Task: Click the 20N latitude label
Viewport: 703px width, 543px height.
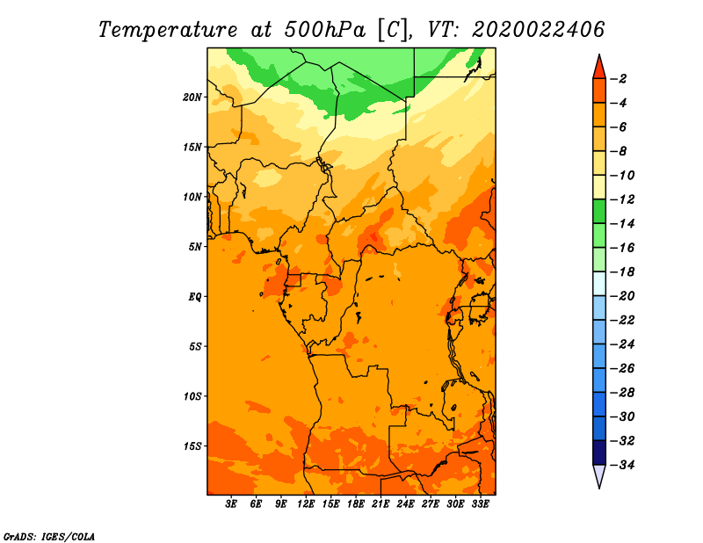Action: [192, 98]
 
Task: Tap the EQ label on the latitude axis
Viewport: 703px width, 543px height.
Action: [194, 297]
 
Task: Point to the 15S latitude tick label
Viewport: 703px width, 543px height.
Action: [192, 446]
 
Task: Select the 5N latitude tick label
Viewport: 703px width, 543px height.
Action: [195, 247]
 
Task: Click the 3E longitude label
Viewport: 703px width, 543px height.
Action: [231, 504]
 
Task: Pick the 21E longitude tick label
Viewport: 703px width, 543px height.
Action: [380, 504]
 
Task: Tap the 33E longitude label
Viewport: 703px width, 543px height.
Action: [480, 504]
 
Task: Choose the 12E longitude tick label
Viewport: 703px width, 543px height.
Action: [305, 504]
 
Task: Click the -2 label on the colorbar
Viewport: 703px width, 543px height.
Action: [619, 79]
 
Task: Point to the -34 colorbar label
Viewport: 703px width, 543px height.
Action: [622, 465]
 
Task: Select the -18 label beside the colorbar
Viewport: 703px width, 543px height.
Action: [622, 272]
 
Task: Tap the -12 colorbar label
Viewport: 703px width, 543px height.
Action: [622, 199]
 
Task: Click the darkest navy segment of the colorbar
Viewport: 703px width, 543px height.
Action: [599, 452]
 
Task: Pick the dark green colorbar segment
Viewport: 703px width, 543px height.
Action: [599, 212]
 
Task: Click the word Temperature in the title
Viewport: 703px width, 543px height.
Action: [168, 31]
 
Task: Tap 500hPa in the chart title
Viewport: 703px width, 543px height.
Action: [324, 30]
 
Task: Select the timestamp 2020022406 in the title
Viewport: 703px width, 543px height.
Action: [539, 30]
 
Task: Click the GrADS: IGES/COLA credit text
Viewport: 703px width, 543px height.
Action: [49, 537]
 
